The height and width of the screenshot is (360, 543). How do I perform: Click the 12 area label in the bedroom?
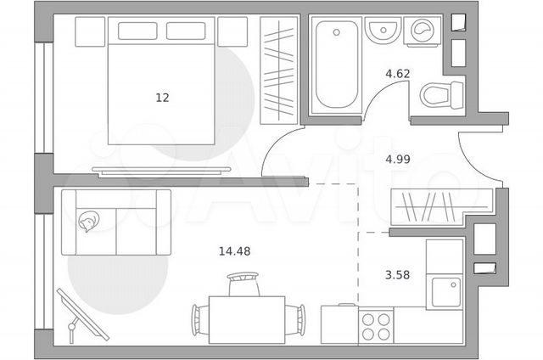point(162,98)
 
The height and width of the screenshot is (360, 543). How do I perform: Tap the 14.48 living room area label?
point(234,251)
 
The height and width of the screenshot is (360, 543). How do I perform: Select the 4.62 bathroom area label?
point(398,74)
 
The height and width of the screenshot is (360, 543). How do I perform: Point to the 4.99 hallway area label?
point(398,159)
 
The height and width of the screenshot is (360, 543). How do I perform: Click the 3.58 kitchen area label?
point(397,275)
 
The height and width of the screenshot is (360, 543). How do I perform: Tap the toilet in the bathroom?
point(442,94)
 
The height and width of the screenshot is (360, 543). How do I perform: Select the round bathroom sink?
point(383,31)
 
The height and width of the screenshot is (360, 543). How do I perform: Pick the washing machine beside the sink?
point(423,31)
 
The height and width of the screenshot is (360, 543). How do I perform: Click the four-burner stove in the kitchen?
point(376,327)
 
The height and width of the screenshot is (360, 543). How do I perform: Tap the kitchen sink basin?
point(446,292)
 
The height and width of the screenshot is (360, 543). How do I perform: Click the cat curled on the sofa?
point(88,221)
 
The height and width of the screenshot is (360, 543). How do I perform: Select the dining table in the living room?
point(247,320)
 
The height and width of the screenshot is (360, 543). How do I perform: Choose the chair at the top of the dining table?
point(244,284)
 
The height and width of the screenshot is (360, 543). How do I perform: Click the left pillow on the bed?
point(137,31)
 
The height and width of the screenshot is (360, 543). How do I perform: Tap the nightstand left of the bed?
point(90,31)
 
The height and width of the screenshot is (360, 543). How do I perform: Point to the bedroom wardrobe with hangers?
point(279,70)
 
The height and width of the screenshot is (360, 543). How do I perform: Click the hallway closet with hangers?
point(441,207)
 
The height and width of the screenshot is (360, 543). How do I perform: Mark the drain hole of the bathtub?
point(336,32)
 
